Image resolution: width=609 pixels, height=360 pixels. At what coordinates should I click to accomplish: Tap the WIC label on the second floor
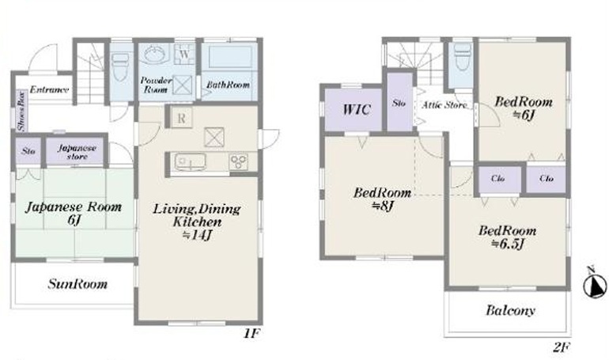[356, 109]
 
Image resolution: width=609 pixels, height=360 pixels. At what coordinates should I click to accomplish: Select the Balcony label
[510, 310]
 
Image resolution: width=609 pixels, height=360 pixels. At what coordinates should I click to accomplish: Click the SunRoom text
[78, 284]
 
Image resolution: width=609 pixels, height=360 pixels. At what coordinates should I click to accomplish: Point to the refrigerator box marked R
[181, 118]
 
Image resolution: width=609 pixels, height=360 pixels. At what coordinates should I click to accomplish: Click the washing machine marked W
[184, 54]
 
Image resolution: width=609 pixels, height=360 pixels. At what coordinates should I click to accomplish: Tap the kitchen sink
[190, 162]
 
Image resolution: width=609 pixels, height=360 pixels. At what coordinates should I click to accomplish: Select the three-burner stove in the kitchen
[238, 161]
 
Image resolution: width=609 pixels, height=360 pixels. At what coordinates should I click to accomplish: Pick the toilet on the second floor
[462, 57]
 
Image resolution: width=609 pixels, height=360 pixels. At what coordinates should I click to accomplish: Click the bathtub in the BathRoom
[230, 58]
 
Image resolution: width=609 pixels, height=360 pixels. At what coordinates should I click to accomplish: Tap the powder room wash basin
[155, 54]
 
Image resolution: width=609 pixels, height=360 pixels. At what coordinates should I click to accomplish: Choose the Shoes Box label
[21, 111]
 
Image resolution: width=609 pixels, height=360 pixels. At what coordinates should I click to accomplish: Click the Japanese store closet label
[77, 152]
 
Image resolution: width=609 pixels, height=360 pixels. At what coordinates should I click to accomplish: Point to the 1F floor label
[252, 333]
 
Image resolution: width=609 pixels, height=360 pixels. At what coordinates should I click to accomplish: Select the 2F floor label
[562, 347]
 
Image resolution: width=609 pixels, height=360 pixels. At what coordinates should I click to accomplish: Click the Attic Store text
[444, 105]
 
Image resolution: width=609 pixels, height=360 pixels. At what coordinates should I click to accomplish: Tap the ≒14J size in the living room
[197, 235]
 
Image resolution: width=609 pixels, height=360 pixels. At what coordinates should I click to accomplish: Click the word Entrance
[49, 89]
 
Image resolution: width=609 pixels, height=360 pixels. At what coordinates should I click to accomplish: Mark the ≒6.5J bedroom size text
[508, 244]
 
